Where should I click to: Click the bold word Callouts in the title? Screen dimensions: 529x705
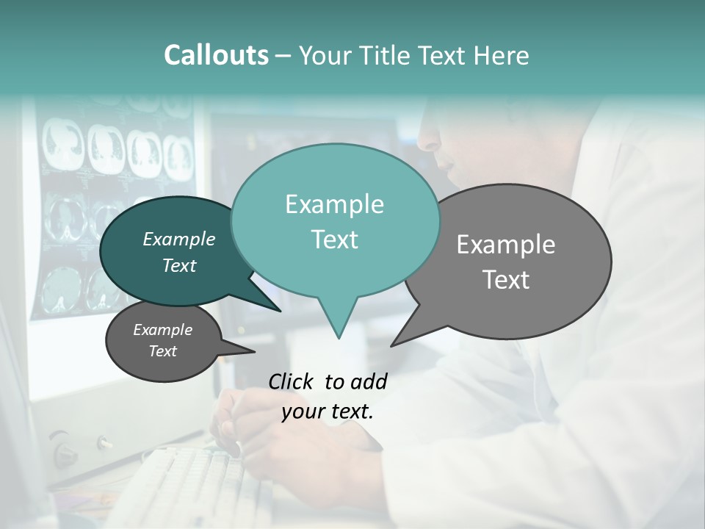coord(216,55)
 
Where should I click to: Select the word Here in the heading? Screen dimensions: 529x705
coord(503,56)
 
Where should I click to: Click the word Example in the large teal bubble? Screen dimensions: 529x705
coord(334,204)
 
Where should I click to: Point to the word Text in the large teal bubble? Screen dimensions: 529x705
coord(334,240)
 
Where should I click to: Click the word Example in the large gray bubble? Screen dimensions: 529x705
coord(506,245)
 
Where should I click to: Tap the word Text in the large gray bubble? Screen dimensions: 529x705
coord(506,280)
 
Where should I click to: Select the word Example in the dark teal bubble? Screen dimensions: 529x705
coord(179,239)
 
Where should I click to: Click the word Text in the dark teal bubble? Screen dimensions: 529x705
coord(179,265)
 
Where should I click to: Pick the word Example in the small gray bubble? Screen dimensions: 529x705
coord(163,330)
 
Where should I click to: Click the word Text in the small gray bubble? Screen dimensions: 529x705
coord(163,351)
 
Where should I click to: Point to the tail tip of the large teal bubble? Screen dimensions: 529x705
coord(339,337)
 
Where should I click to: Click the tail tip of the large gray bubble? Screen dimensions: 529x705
coord(393,345)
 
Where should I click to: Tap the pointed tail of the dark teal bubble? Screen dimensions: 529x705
coord(278,309)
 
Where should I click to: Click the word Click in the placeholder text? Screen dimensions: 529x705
coord(292,381)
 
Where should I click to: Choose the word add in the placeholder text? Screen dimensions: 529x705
coord(369,381)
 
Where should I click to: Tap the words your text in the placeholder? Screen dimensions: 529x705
coord(328,411)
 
